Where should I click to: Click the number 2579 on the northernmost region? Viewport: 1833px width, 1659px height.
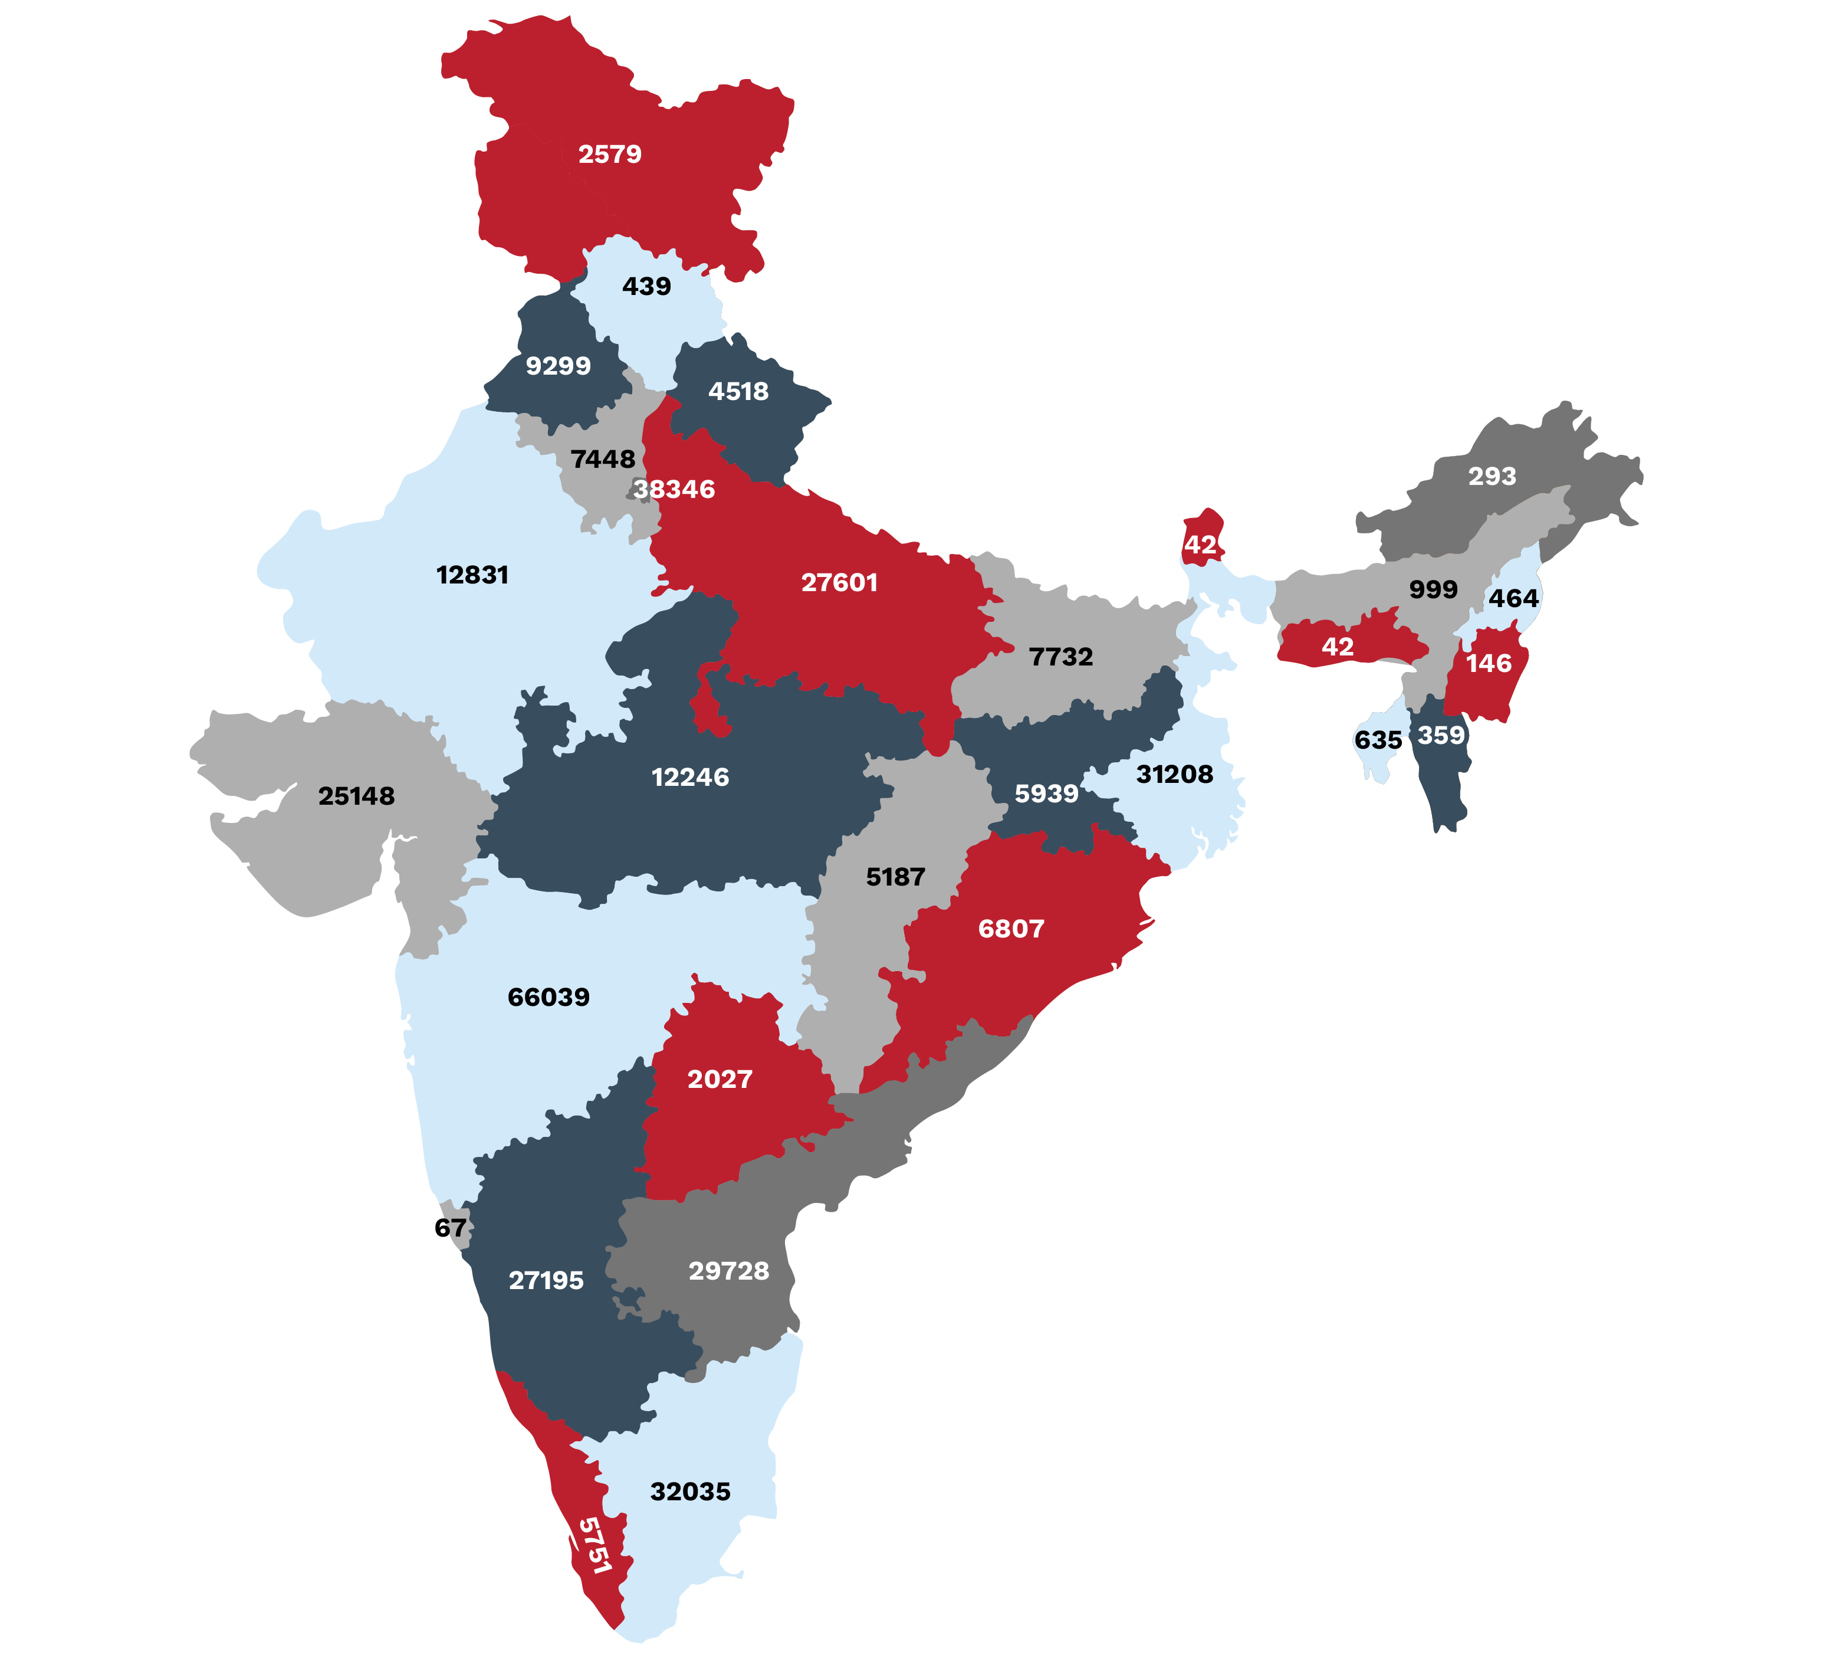click(x=610, y=155)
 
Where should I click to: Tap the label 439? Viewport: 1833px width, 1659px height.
click(x=646, y=287)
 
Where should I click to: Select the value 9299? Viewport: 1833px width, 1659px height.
click(x=559, y=366)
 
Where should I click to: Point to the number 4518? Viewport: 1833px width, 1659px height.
click(x=738, y=391)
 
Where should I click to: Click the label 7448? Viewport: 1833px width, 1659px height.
click(x=603, y=460)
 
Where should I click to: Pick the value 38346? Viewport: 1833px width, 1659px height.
click(x=675, y=489)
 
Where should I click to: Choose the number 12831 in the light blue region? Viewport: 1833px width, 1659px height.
click(x=472, y=575)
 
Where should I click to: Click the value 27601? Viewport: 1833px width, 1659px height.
click(x=839, y=582)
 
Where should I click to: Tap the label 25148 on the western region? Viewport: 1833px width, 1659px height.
click(x=356, y=796)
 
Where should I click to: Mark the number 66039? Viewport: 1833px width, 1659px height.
click(x=548, y=997)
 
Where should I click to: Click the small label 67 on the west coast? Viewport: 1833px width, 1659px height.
click(x=450, y=1228)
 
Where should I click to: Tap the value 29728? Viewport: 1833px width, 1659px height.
click(x=728, y=1271)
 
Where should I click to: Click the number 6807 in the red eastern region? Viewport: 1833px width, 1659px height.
click(x=1011, y=929)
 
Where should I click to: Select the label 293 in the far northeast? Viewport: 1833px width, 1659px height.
click(x=1492, y=476)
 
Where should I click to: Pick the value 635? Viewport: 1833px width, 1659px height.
click(x=1378, y=740)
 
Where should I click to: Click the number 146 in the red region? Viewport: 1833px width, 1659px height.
click(x=1489, y=663)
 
